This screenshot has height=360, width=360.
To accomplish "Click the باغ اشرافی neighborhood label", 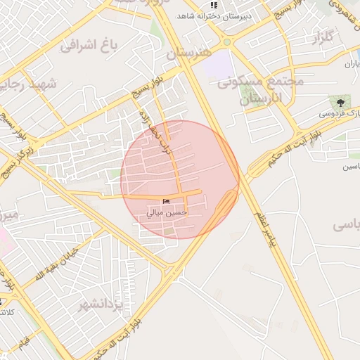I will click(x=87, y=46).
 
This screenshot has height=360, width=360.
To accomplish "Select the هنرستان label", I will click(x=189, y=53).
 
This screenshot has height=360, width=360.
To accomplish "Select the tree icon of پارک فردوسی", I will click(x=340, y=103).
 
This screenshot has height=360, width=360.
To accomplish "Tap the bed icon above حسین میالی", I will click(x=166, y=202).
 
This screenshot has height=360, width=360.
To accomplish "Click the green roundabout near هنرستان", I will click(x=226, y=42).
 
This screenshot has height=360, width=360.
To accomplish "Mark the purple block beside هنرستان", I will click(x=223, y=65).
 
